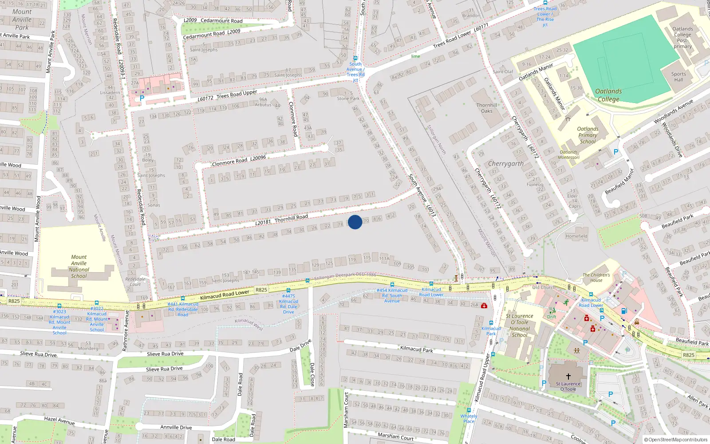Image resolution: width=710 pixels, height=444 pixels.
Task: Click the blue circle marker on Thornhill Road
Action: (355, 222)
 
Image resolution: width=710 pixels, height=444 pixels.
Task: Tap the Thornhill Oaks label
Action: (487, 108)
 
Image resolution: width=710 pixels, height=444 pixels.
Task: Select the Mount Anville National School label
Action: (79, 266)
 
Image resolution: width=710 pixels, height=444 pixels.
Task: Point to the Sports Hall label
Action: (678, 77)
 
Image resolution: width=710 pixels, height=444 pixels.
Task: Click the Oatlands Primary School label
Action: (588, 135)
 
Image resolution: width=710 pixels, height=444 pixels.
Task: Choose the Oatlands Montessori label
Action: (568, 155)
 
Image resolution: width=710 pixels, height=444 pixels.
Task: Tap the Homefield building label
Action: (576, 236)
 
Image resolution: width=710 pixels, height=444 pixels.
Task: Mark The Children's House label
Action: (596, 277)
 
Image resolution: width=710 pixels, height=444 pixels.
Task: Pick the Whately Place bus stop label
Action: (469, 419)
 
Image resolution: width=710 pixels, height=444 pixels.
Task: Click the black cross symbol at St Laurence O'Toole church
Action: (568, 376)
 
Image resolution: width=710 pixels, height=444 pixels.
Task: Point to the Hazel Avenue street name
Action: (59, 420)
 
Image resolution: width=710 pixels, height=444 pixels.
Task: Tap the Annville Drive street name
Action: (176, 427)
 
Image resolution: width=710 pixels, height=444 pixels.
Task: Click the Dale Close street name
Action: (312, 374)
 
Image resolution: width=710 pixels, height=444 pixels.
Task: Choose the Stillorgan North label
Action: (436, 139)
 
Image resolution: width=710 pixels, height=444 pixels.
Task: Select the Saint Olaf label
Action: (502, 71)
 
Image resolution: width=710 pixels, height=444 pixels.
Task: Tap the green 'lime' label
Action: (415, 56)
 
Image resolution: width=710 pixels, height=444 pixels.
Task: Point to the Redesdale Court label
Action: (135, 281)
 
